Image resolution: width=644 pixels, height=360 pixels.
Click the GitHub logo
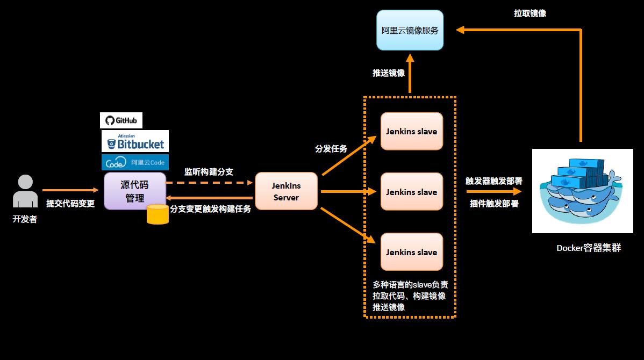(121, 120)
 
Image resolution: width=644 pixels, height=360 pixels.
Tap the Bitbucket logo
(135, 141)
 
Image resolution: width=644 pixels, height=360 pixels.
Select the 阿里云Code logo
(135, 162)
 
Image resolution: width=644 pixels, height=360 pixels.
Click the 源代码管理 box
(134, 191)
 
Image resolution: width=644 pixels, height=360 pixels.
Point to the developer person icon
(25, 191)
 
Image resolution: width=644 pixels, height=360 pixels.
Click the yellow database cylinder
(158, 214)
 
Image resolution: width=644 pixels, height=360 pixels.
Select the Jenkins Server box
(286, 191)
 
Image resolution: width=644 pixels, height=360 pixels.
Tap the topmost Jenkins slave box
(411, 131)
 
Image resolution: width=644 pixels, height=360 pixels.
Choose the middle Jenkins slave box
(411, 192)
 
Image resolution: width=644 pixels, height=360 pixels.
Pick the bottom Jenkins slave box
(411, 252)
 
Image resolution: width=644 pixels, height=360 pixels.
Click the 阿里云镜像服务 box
(410, 30)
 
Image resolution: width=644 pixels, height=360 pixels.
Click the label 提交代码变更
(70, 204)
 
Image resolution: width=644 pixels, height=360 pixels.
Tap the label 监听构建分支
(209, 172)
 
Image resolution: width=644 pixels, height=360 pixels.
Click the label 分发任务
(331, 149)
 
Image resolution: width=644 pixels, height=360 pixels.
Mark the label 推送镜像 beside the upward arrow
(389, 73)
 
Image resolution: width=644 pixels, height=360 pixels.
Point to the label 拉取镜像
(530, 13)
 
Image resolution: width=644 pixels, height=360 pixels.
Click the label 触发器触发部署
(494, 181)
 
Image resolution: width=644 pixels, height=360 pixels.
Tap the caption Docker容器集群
(589, 248)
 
